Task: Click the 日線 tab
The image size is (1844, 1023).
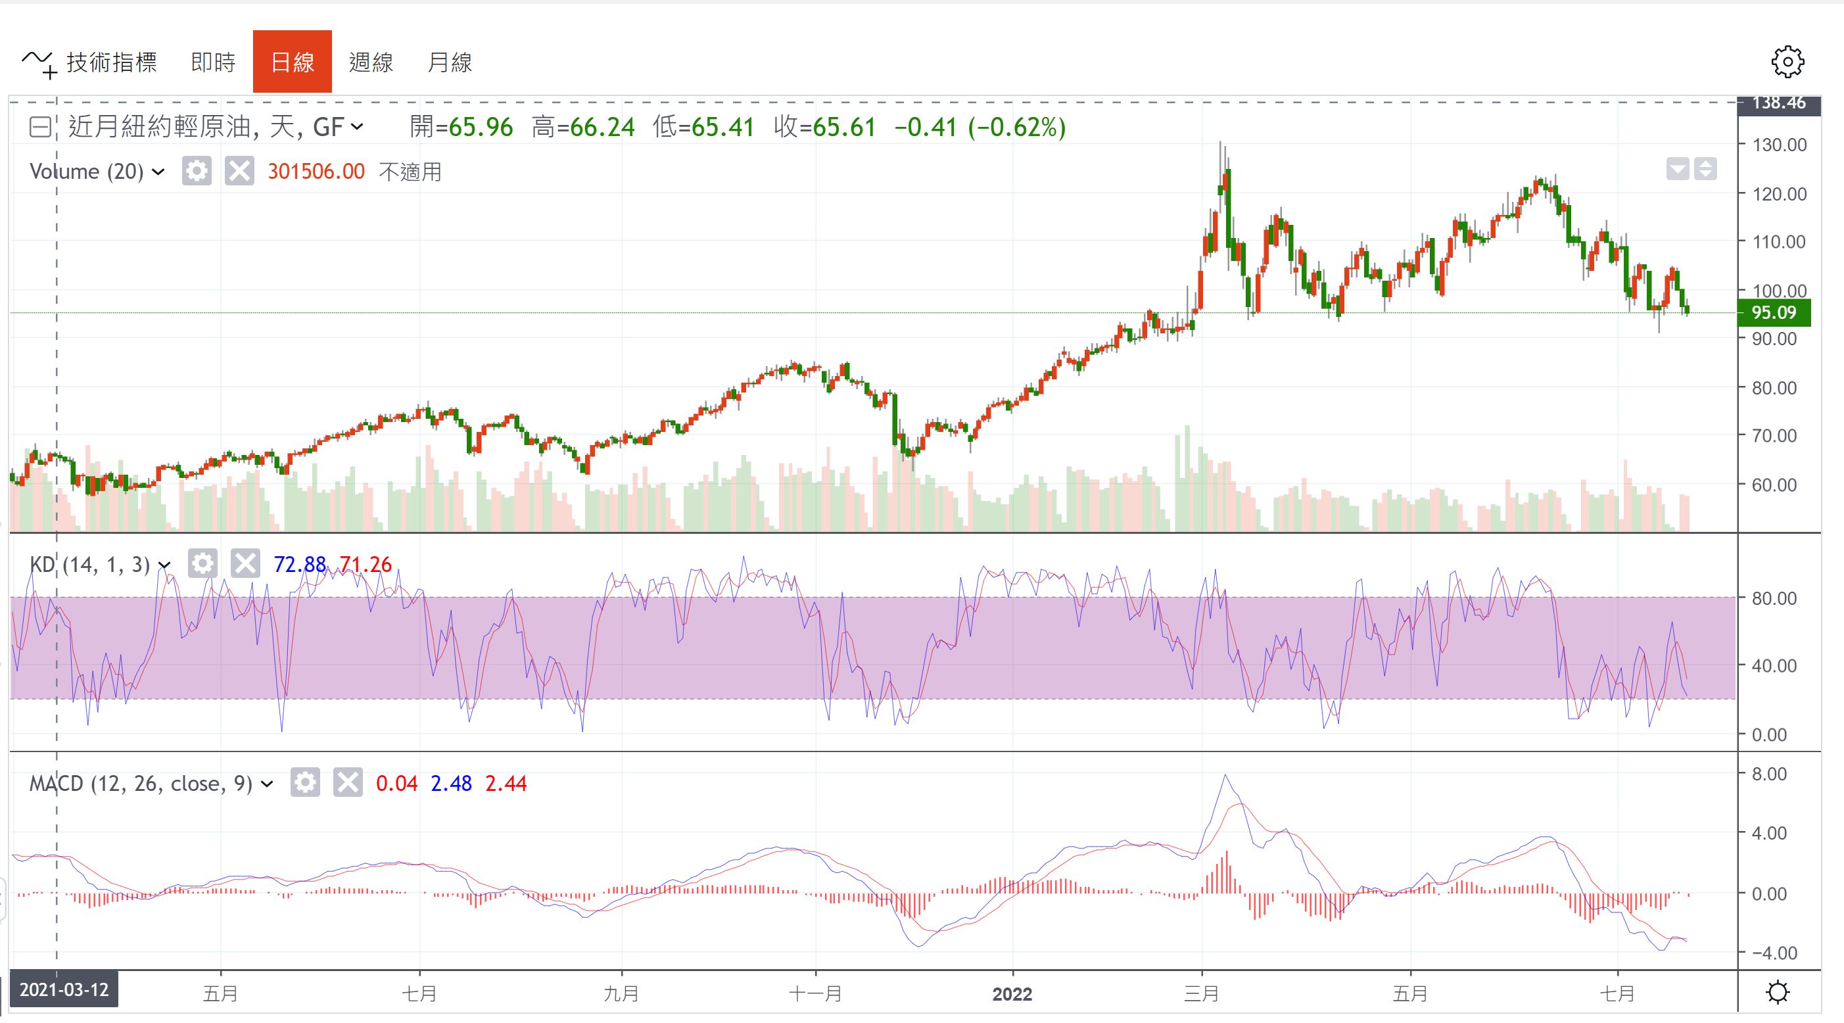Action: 292,62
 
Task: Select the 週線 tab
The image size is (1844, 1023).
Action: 371,62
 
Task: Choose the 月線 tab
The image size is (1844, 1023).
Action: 450,62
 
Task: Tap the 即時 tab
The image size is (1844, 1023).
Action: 213,62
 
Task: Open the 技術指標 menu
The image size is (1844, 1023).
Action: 90,63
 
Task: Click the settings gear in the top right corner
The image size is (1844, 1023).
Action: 1787,62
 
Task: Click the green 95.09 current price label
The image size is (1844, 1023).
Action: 1774,313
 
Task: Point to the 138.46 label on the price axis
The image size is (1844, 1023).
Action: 1779,103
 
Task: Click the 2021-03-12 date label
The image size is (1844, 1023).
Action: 64,989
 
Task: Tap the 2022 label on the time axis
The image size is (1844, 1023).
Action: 1012,993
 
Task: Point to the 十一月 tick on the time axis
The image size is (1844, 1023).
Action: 815,993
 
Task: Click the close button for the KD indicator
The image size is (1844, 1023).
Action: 245,564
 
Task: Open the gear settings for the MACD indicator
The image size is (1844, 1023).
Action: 305,782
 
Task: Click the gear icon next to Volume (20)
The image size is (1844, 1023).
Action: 196,171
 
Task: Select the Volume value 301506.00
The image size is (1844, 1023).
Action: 316,172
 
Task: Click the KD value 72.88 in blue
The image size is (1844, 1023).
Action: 299,565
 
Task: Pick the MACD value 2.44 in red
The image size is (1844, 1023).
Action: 506,783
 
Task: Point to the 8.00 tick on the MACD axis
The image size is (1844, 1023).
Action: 1769,773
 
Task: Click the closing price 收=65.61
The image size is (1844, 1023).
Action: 824,128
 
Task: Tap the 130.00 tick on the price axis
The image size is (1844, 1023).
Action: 1779,145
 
